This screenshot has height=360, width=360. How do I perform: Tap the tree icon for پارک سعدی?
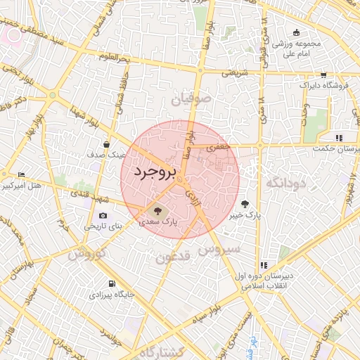(157, 210)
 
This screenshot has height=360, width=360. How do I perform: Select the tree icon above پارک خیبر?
(245, 204)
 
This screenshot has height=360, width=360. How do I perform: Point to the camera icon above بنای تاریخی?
(103, 216)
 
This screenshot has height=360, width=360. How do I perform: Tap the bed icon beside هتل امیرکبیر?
(20, 174)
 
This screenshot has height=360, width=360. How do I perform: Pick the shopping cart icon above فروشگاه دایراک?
(323, 75)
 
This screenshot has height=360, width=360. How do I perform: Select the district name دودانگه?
(285, 184)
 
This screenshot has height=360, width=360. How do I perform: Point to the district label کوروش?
(87, 252)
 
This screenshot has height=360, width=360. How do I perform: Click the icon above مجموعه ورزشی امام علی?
(296, 32)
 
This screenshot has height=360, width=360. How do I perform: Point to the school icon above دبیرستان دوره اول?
(263, 265)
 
